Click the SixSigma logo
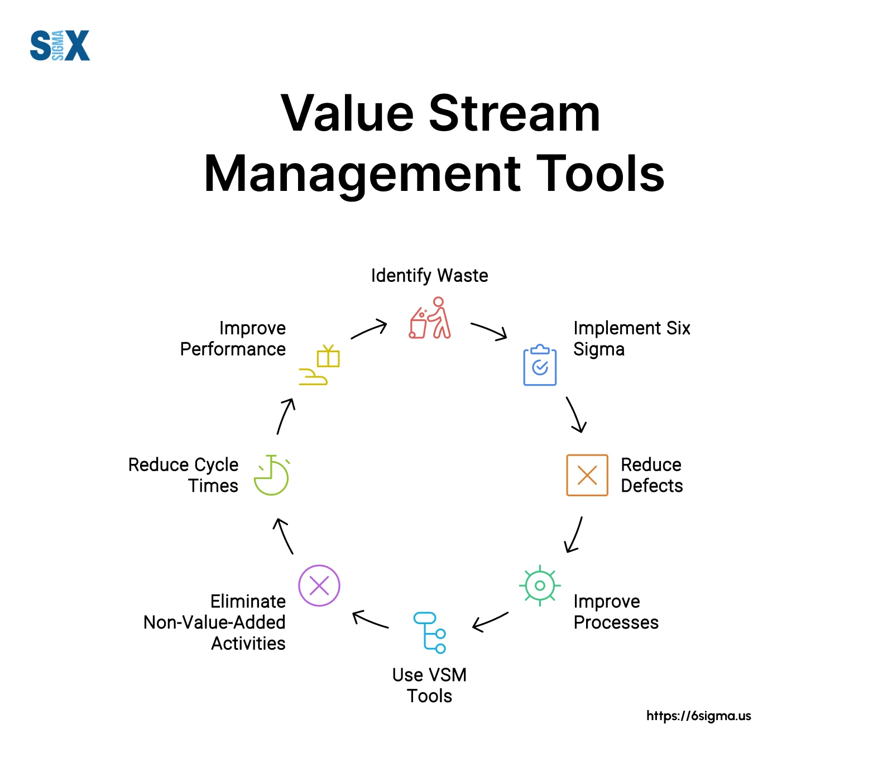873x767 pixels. (60, 45)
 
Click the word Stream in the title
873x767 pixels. (514, 113)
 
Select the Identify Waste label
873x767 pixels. (429, 275)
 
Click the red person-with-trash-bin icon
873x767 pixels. (430, 318)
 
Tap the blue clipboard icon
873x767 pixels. (540, 365)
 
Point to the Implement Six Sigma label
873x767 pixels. (631, 338)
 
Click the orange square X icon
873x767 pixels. (587, 475)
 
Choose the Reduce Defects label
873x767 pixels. (651, 475)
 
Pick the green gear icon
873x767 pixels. (540, 586)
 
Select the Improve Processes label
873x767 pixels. (616, 612)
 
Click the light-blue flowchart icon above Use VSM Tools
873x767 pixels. (429, 632)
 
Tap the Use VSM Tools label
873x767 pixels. (429, 685)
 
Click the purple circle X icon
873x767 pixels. (319, 586)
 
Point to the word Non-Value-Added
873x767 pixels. (214, 622)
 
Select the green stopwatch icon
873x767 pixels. (271, 475)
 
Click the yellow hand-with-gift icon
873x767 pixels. (319, 365)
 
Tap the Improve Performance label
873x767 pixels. (233, 338)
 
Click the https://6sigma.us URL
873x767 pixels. (698, 716)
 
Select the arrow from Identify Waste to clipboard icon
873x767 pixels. (489, 331)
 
